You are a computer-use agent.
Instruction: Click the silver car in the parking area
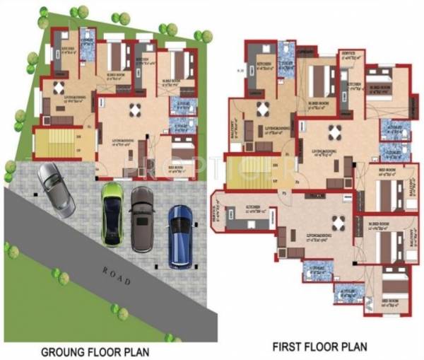56,190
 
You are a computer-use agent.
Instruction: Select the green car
111,214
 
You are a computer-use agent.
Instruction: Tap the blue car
181,236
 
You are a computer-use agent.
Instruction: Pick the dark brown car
142,219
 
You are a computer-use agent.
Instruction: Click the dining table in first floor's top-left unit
263,108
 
